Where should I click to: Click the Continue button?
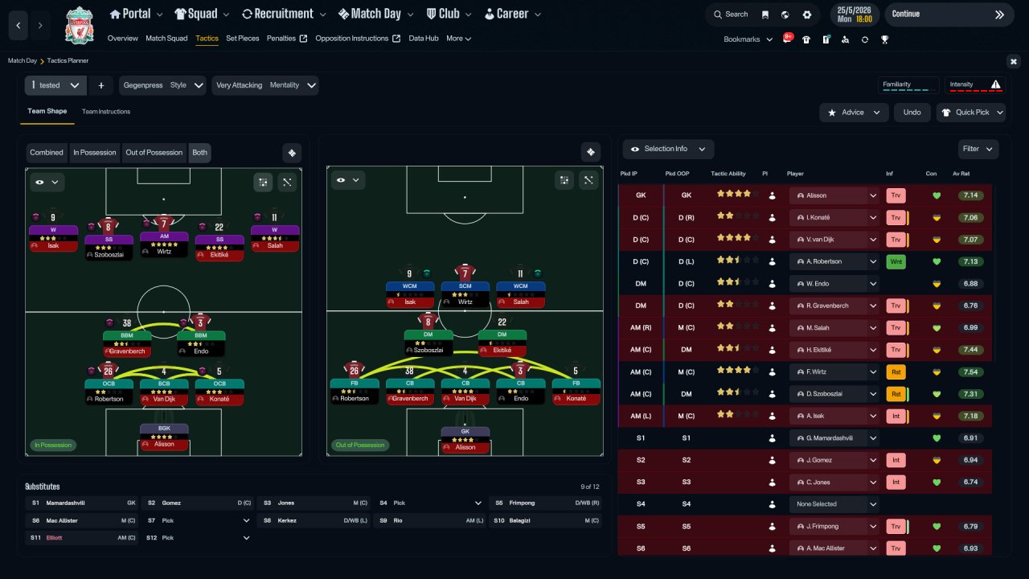tap(948, 14)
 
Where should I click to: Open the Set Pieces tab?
tap(242, 39)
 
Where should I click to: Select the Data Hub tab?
tap(424, 39)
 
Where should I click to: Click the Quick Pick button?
tap(971, 113)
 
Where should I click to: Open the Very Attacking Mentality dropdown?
tap(265, 85)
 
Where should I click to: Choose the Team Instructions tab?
tap(105, 112)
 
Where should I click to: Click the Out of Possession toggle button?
tap(154, 153)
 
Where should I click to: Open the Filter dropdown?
tap(978, 149)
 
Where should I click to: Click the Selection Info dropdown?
tap(668, 149)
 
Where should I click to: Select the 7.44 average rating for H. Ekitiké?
tap(970, 350)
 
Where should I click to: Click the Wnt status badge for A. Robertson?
tap(895, 261)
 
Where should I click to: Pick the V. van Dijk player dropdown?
tap(834, 240)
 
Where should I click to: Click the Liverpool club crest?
tap(79, 25)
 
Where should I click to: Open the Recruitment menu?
tap(283, 14)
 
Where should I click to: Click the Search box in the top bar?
tap(730, 14)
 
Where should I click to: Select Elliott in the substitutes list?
tap(54, 537)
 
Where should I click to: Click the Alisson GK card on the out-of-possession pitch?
tap(465, 439)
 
